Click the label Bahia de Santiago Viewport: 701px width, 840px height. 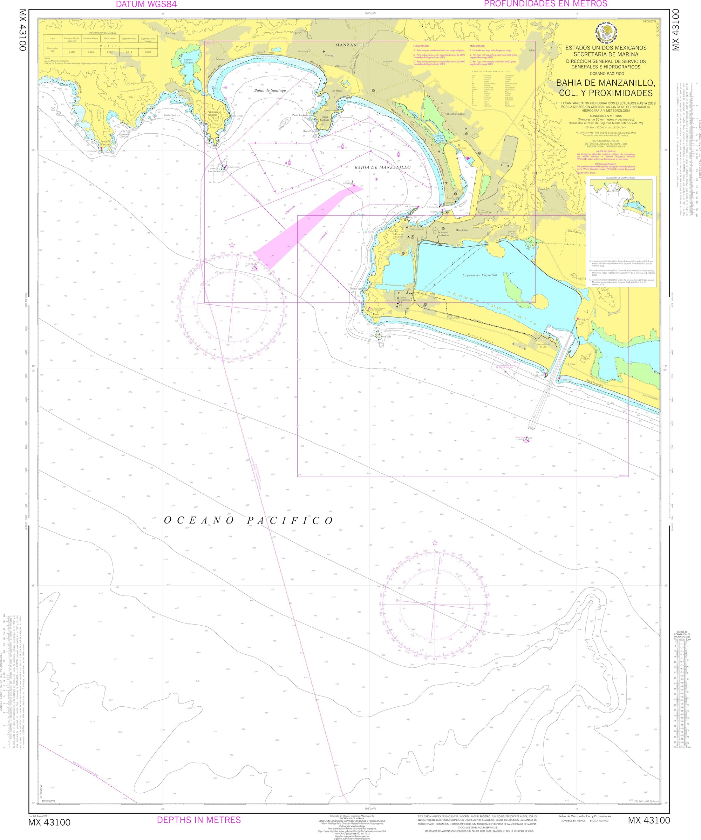270,91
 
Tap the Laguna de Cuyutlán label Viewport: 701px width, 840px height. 479,275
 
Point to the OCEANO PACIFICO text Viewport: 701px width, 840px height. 249,520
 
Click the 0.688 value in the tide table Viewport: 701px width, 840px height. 72,52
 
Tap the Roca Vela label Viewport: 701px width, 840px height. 385,337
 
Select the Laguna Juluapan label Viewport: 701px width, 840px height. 188,61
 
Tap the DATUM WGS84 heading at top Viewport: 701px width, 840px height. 146,5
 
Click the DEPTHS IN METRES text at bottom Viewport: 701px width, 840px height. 199,820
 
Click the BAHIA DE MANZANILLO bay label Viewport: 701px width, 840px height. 382,167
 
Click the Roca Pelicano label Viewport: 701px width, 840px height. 311,131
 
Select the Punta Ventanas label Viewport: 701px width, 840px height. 359,289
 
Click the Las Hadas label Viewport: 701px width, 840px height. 337,91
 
